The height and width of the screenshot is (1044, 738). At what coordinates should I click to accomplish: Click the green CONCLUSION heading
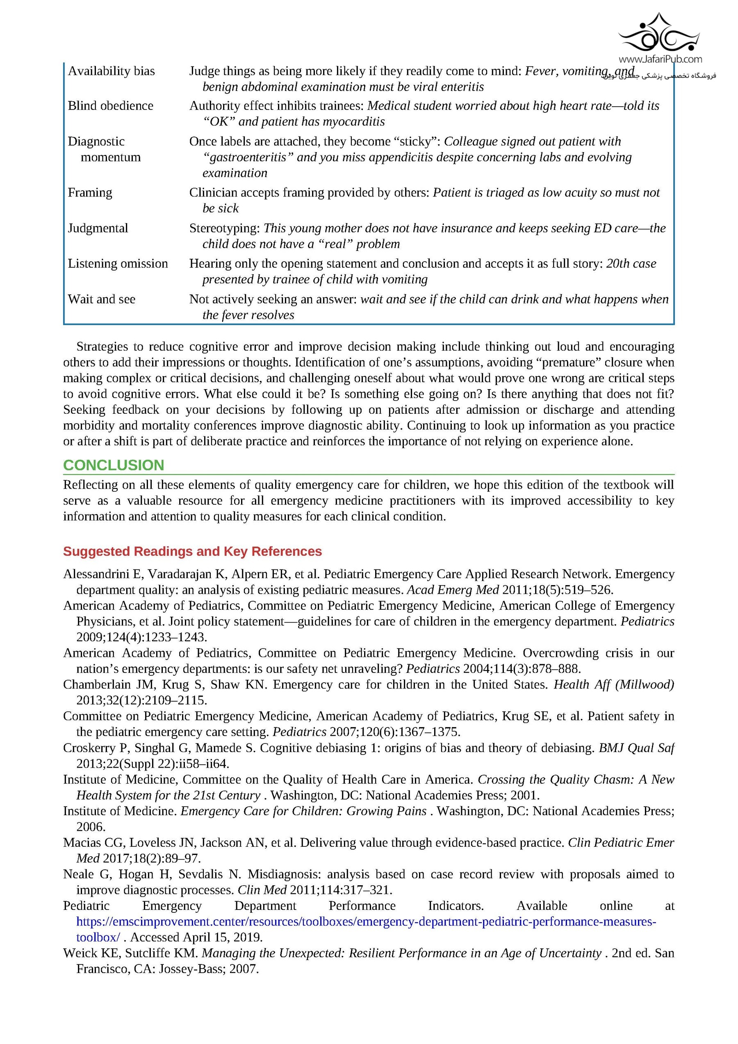pos(114,465)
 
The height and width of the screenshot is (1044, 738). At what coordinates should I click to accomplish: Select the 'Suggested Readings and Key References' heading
pos(192,551)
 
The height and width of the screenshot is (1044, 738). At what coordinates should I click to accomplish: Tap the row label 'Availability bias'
pos(112,71)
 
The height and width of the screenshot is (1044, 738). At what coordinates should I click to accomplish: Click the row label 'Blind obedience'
pos(111,106)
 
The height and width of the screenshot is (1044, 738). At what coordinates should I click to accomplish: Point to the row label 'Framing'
pos(90,192)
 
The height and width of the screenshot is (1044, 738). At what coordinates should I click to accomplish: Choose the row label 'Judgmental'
pos(98,228)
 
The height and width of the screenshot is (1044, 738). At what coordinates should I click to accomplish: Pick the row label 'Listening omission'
pos(118,263)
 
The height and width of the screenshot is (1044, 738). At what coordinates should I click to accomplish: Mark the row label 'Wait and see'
pos(101,299)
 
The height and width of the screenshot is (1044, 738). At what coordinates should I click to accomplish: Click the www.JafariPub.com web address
pos(660,59)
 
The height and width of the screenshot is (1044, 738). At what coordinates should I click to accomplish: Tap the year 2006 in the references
pos(91,827)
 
